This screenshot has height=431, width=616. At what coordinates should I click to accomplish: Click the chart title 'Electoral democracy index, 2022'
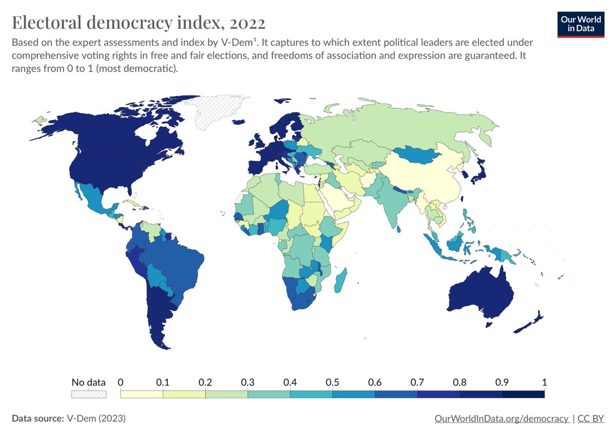pos(139,23)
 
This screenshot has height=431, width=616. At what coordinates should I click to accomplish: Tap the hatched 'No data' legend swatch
pos(88,394)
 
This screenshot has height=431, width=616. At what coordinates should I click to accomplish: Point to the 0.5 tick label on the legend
pos(332,382)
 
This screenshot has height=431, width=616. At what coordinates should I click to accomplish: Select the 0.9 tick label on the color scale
pos(502,382)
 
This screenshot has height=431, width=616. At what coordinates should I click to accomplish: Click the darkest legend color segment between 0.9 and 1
pos(523,394)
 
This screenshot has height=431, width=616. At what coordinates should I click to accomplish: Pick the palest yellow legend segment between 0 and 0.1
pos(141,394)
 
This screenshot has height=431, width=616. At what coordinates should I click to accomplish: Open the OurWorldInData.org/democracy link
pos(501,418)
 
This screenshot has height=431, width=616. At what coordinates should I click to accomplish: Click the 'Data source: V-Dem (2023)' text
pos(68,418)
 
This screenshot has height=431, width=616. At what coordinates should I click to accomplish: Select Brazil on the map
pos(175,262)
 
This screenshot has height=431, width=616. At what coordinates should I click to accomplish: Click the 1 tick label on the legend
pos(544,382)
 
